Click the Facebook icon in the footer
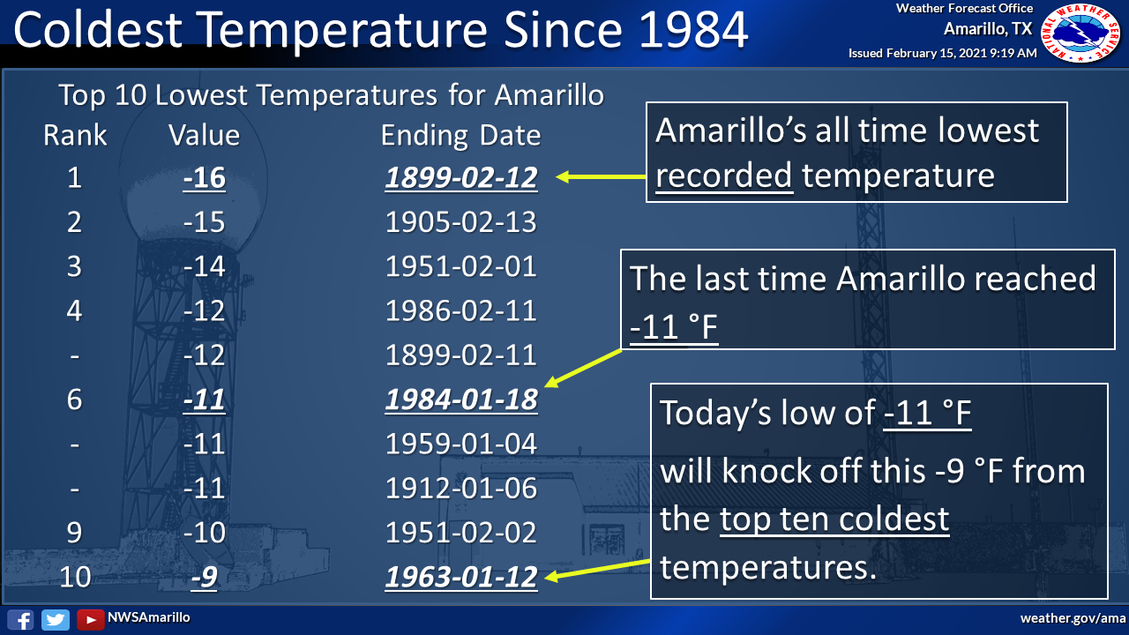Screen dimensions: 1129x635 point(20,619)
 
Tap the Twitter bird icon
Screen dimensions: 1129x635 point(56,619)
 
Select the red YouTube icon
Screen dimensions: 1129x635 point(90,619)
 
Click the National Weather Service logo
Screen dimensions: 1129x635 point(1080,34)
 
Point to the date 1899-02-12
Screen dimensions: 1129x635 point(461,177)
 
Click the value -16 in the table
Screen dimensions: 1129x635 point(204,177)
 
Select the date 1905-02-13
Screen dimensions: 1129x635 point(461,221)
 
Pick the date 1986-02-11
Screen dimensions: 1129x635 point(461,310)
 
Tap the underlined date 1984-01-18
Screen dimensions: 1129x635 point(461,400)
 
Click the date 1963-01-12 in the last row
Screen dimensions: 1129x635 point(461,577)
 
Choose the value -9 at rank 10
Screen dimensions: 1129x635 point(204,577)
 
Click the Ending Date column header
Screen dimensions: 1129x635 point(460,136)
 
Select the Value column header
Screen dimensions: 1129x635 point(204,135)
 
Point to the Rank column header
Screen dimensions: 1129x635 point(75,135)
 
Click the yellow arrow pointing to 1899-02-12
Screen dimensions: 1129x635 point(601,177)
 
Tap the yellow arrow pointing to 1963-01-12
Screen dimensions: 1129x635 point(598,570)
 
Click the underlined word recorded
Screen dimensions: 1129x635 point(724,175)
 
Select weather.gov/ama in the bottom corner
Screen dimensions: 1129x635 point(1073,618)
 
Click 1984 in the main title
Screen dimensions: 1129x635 point(693,30)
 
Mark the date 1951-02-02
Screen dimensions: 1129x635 point(461,533)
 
